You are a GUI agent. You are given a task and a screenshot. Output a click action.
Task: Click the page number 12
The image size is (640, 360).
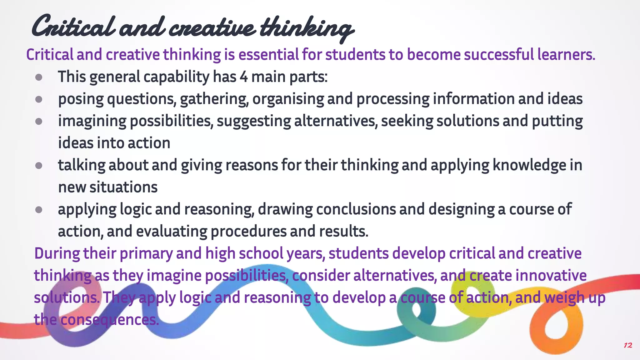click(628, 345)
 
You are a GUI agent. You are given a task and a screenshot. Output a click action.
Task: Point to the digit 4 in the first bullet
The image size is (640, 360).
click(244, 77)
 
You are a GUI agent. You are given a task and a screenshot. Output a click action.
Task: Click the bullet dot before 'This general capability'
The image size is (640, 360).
click(39, 77)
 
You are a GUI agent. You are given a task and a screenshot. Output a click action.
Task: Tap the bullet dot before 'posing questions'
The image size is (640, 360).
click(39, 99)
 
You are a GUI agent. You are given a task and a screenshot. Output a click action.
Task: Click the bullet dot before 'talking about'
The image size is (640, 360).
click(39, 166)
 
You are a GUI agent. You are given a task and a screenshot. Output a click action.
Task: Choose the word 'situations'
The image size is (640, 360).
click(123, 187)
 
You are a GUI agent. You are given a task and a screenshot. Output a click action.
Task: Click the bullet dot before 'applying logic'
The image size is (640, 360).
click(39, 210)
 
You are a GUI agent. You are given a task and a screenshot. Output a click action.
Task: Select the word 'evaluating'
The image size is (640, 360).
click(172, 232)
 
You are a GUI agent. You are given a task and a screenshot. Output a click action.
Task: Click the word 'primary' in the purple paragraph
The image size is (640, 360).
click(146, 253)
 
